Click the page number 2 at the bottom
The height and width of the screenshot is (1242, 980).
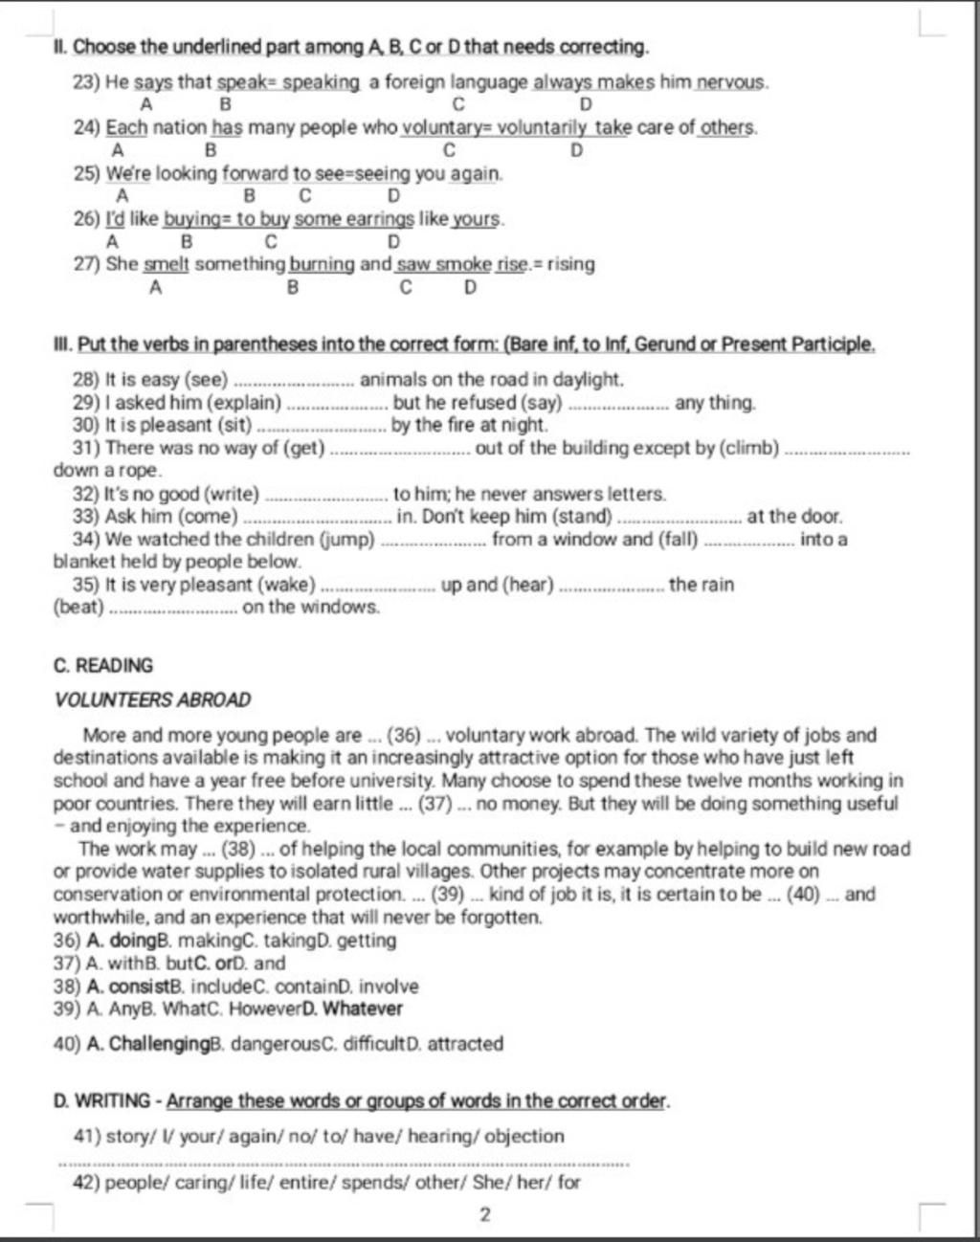click(484, 1215)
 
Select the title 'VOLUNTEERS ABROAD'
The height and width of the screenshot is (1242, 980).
click(153, 699)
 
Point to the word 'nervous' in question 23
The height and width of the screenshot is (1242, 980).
click(731, 82)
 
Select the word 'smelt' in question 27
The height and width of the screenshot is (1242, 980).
click(167, 264)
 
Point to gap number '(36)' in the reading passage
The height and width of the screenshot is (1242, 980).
click(404, 736)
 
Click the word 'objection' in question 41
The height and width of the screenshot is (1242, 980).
click(524, 1136)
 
